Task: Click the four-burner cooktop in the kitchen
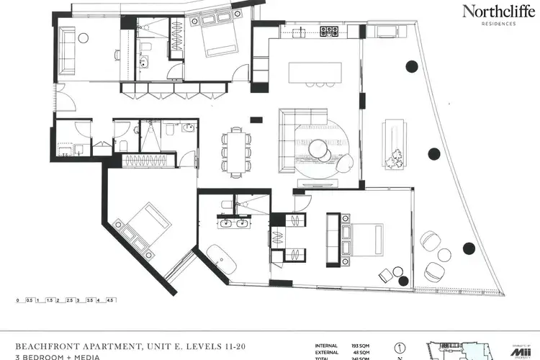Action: (328, 31)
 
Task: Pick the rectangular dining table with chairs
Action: (237, 152)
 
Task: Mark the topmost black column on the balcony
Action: (412, 66)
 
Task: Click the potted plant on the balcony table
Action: (395, 158)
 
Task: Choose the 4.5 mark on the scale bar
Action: (111, 300)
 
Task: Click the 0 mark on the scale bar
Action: (17, 300)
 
